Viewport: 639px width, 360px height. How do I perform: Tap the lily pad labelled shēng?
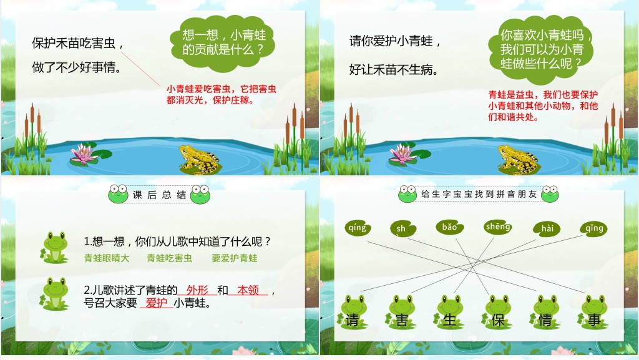coord(498,227)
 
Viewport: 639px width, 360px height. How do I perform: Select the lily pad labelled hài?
coord(547,228)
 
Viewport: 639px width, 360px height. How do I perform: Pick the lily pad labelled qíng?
coord(358,228)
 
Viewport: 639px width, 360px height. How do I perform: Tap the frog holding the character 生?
coord(449,311)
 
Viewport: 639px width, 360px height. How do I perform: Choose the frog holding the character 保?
coord(498,311)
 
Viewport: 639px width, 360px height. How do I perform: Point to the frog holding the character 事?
coord(594,311)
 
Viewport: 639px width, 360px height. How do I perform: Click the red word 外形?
coord(197,290)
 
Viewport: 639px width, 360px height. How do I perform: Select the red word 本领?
coord(248,290)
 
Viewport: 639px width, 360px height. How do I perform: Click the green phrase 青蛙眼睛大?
coord(107,258)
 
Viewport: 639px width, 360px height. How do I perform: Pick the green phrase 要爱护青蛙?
coord(234,258)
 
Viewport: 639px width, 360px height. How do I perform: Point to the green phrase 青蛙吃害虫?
coord(169,258)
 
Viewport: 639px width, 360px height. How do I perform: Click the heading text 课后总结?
coord(159,195)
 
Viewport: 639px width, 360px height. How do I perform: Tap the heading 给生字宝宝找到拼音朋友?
coord(479,195)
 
